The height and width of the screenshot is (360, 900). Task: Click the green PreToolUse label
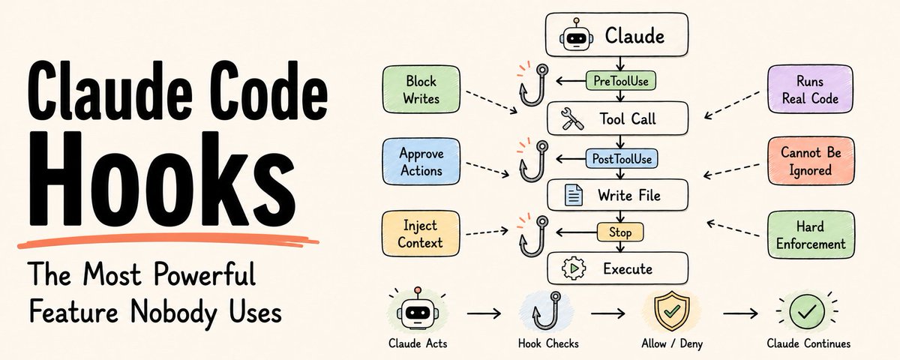click(621, 81)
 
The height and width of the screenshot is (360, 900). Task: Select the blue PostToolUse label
click(622, 159)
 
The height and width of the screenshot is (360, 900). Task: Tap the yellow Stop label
click(620, 232)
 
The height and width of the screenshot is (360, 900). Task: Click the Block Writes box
click(421, 89)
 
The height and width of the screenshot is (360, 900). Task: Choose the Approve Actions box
click(421, 161)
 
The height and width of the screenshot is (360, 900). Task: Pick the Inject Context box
click(420, 234)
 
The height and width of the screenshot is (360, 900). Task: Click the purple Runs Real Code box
click(810, 89)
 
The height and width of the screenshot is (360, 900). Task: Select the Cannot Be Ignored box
click(811, 160)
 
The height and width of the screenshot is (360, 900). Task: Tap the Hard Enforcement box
click(811, 235)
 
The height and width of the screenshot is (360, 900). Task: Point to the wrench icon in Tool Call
click(572, 119)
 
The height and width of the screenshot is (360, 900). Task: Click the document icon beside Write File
click(573, 195)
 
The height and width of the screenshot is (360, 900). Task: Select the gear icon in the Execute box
click(574, 268)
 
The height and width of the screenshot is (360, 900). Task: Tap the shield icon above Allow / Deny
click(672, 311)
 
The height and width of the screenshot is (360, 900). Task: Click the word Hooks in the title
click(163, 179)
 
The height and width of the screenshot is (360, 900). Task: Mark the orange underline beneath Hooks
click(168, 240)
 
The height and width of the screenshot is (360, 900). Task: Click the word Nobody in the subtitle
click(174, 313)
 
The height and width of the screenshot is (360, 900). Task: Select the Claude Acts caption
click(418, 343)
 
